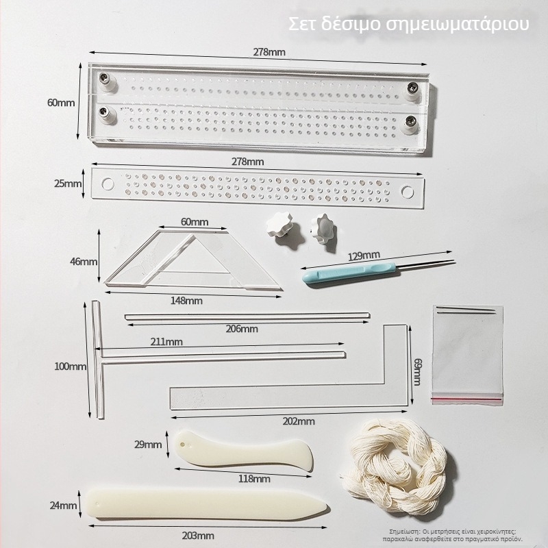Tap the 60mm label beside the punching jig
click(x=60, y=103)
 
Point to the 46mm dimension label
click(x=84, y=262)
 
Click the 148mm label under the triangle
click(x=186, y=300)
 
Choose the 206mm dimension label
click(x=241, y=329)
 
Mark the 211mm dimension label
click(x=166, y=342)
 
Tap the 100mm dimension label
click(x=71, y=366)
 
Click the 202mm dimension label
click(x=298, y=421)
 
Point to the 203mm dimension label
click(x=199, y=535)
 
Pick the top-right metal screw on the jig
click(x=412, y=87)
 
